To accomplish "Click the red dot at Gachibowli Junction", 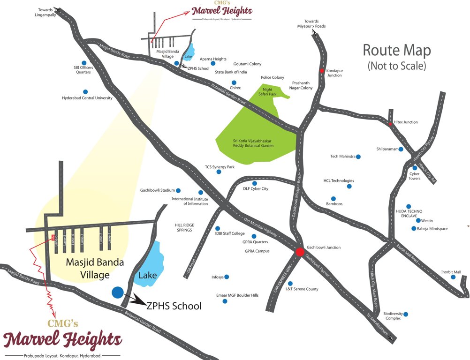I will coord(299,252).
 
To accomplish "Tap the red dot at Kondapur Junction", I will coord(322,71).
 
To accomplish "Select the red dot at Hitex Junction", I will coord(390,124).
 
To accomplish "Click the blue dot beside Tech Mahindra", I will coord(358,157).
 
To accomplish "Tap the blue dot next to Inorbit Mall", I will coord(453,277).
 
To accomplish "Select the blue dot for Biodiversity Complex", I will coord(406,314).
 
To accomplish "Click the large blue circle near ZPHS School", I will coord(118,292).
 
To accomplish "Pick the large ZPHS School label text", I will coord(174,307).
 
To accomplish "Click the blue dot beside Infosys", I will coord(227,277).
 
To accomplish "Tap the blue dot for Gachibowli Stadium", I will coord(178,190).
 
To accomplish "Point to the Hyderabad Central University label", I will coord(87,98).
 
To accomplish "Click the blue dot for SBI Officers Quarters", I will coord(84,62).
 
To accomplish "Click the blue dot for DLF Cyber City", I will coord(255,183).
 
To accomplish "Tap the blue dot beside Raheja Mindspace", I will coord(413,229).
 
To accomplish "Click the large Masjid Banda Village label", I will coord(88,269).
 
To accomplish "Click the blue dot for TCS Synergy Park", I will coord(219,172).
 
